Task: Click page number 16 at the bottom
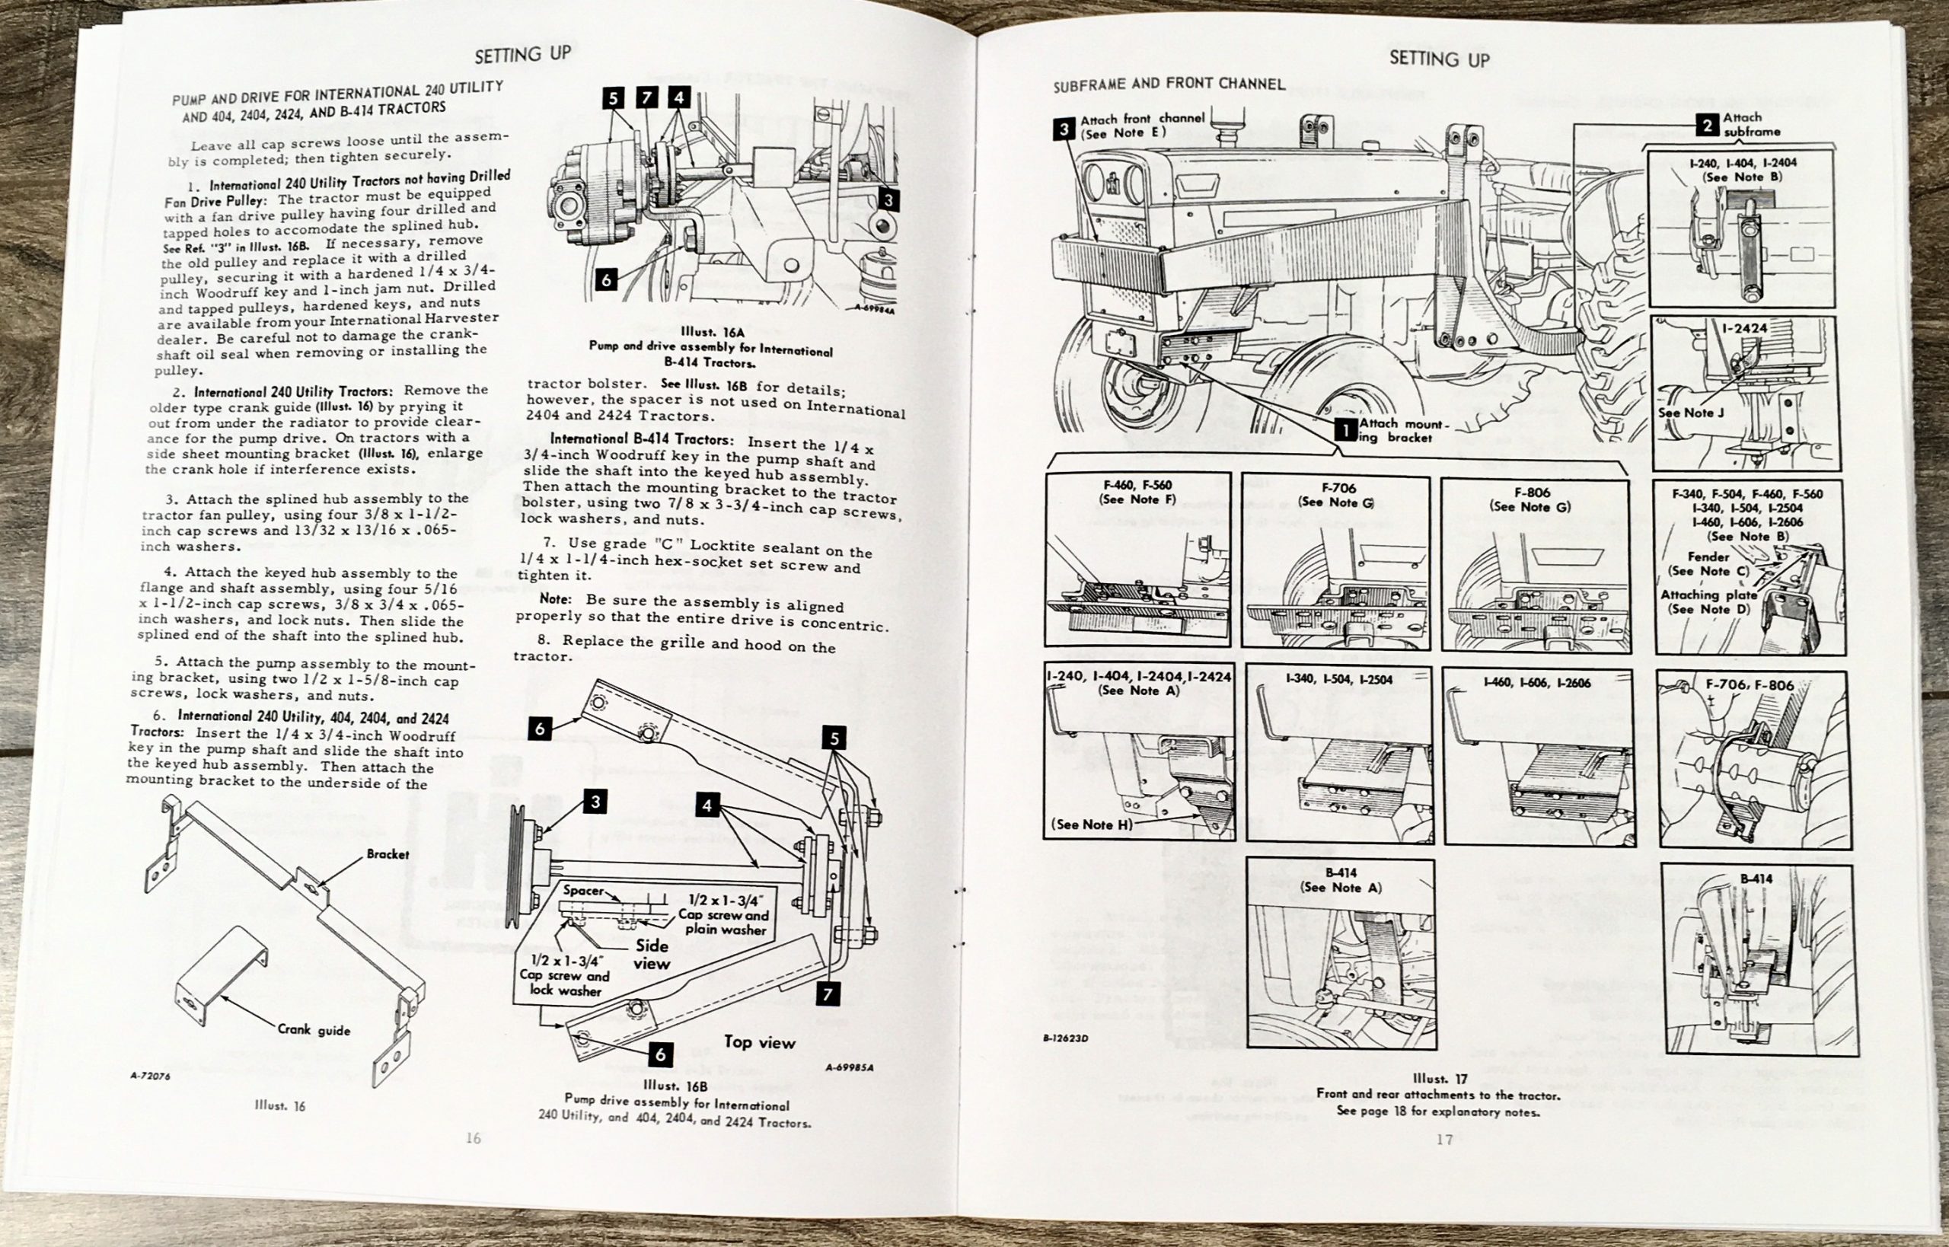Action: point(474,1138)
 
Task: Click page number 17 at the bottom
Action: point(1444,1140)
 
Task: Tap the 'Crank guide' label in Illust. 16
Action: point(314,1030)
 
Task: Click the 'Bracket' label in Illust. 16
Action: point(387,853)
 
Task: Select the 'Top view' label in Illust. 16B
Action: point(760,1042)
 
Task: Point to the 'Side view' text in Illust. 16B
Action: point(652,955)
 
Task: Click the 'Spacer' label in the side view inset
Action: point(583,890)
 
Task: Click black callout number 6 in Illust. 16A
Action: point(606,280)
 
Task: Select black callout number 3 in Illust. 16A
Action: point(888,200)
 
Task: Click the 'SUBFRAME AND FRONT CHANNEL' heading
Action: point(1169,85)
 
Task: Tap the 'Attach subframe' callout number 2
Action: point(1707,125)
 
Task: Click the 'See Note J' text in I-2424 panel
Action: point(1691,413)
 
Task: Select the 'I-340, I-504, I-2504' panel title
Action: point(1337,679)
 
